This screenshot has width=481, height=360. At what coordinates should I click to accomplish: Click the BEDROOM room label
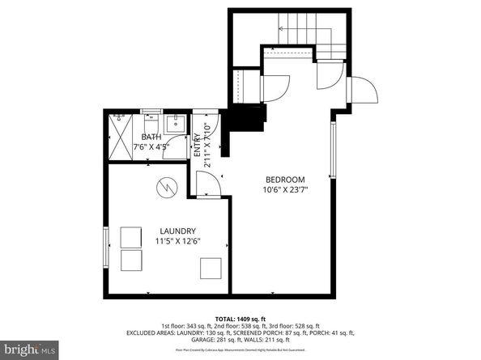tap(285, 179)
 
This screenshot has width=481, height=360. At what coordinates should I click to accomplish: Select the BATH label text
tap(151, 138)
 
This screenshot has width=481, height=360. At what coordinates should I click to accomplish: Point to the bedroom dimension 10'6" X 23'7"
tap(285, 190)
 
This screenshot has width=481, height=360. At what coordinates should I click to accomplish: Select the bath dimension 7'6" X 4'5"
tap(151, 147)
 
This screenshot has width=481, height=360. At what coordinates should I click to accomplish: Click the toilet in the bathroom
tap(151, 117)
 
